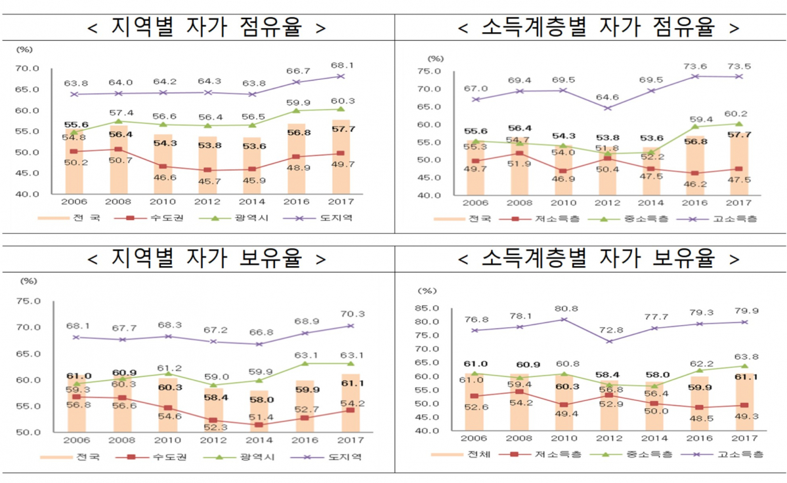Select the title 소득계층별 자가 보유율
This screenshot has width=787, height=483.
click(x=598, y=260)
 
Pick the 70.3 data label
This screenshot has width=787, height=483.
click(x=351, y=314)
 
